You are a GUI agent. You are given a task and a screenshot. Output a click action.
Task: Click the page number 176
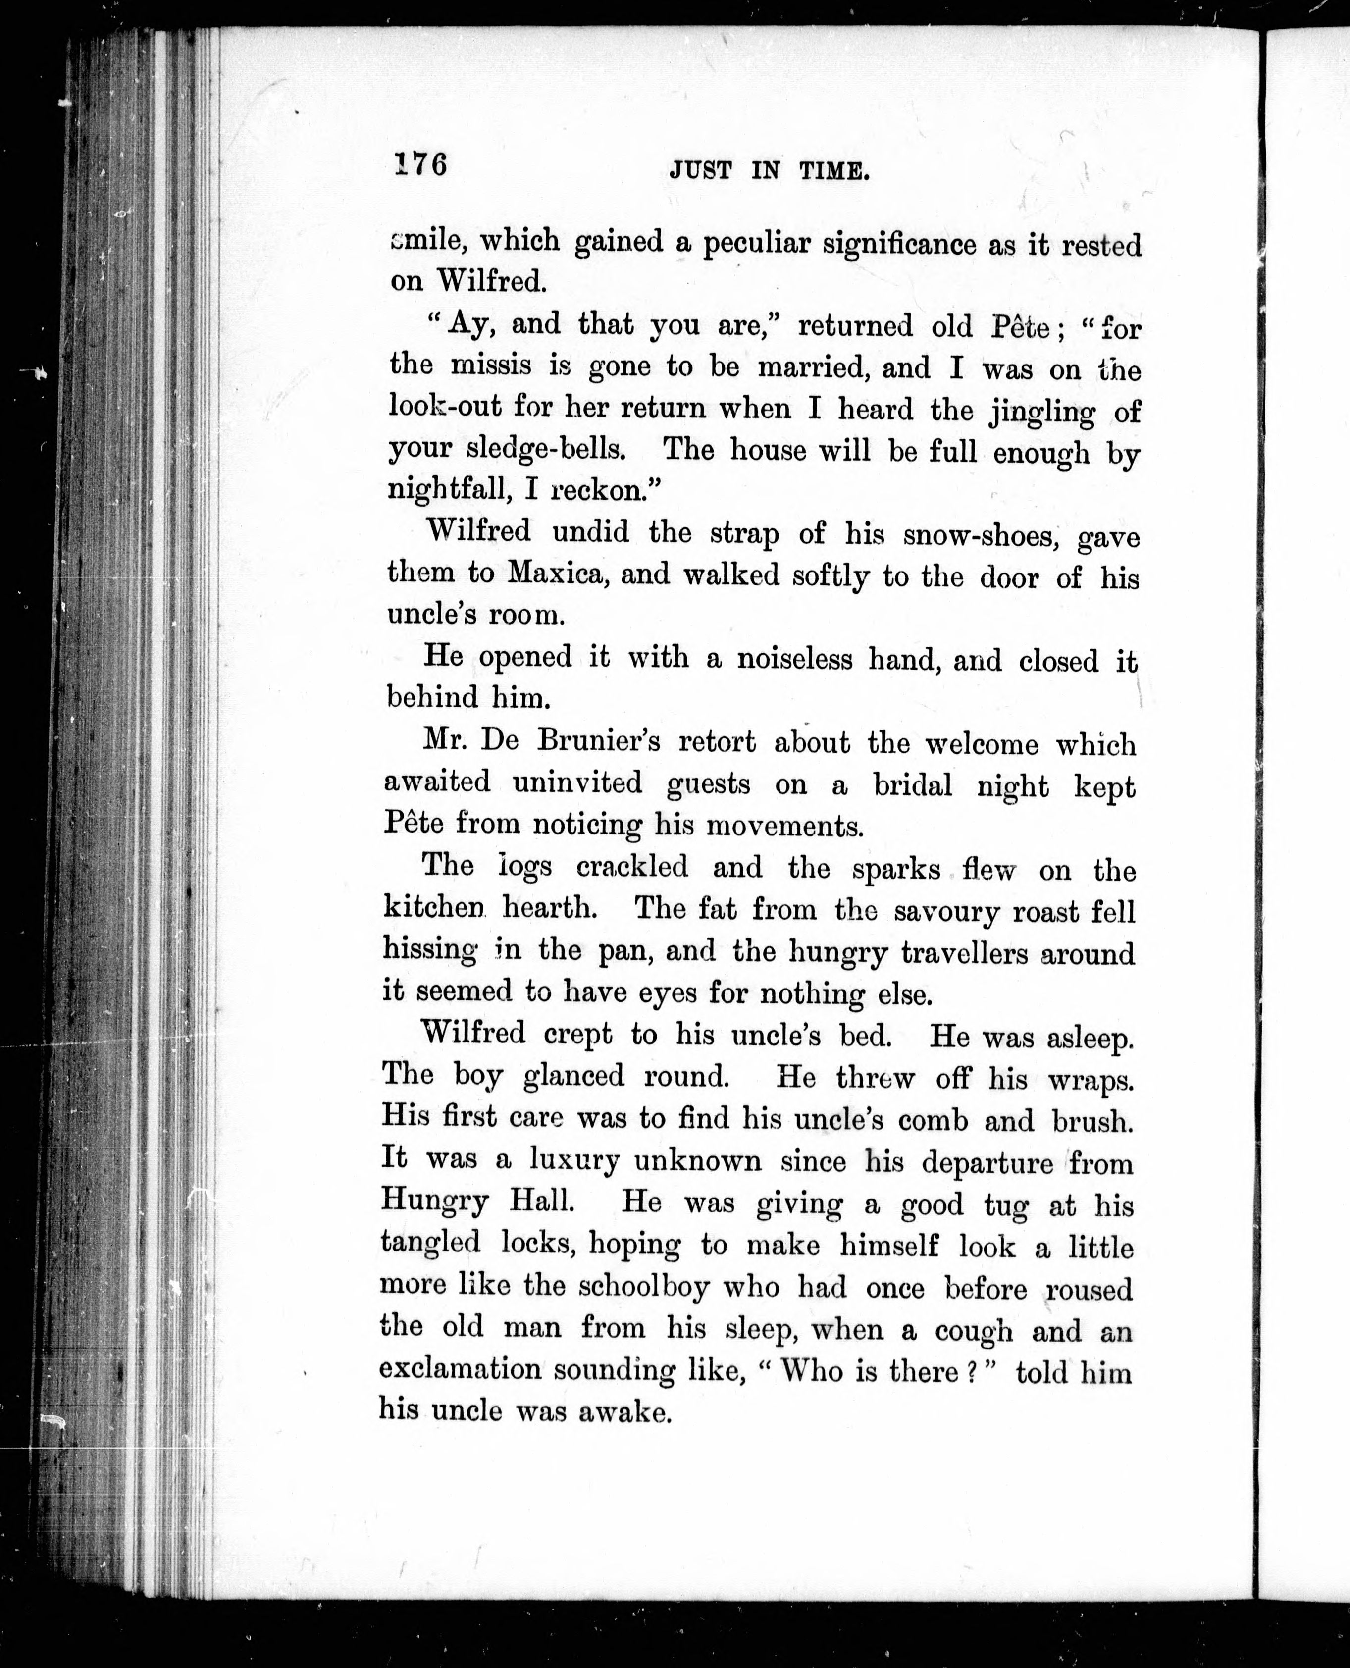(421, 165)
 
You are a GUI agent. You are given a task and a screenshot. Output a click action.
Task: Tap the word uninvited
(578, 782)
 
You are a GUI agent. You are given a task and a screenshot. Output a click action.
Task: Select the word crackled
(632, 866)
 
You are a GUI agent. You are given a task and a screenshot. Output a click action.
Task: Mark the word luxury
(574, 1160)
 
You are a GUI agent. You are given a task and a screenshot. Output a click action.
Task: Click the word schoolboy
(644, 1287)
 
